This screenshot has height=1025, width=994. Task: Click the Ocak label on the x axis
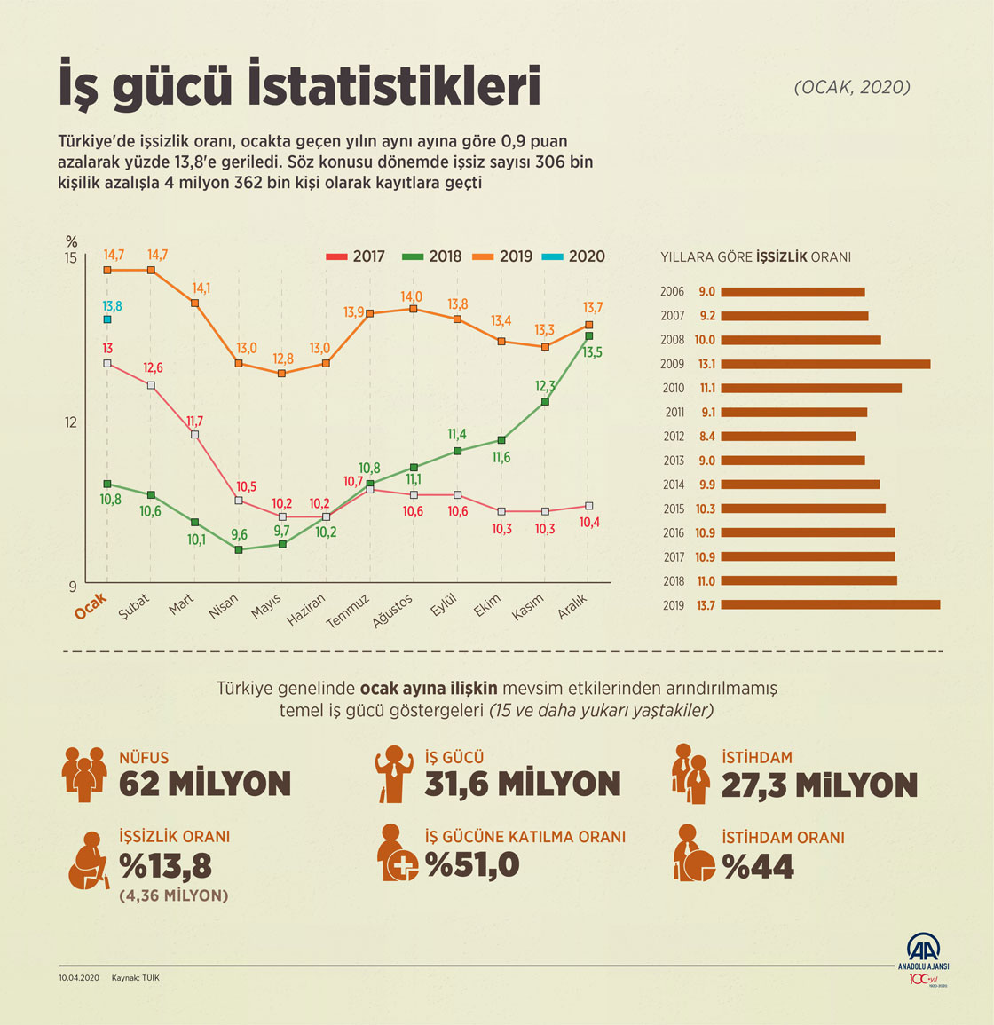pyautogui.click(x=91, y=605)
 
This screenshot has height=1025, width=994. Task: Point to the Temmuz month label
pyautogui.click(x=347, y=610)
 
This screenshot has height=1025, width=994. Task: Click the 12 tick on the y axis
pyautogui.click(x=70, y=422)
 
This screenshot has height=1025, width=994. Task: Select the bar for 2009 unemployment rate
pyautogui.click(x=825, y=364)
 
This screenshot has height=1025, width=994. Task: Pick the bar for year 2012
pyautogui.click(x=788, y=437)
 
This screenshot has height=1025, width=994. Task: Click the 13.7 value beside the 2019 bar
pyautogui.click(x=706, y=605)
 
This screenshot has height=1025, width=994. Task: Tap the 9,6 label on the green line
pyautogui.click(x=239, y=534)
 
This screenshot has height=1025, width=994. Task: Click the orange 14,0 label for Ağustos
pyautogui.click(x=412, y=296)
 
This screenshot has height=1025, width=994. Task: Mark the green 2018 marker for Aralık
pyautogui.click(x=589, y=335)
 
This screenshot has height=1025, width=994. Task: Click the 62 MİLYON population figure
pyautogui.click(x=205, y=785)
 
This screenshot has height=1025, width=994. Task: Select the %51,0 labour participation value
pyautogui.click(x=472, y=864)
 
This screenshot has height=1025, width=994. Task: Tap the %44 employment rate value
pyautogui.click(x=758, y=866)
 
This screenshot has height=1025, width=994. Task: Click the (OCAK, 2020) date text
pyautogui.click(x=852, y=87)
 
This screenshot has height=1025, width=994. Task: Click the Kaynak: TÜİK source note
pyautogui.click(x=136, y=978)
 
